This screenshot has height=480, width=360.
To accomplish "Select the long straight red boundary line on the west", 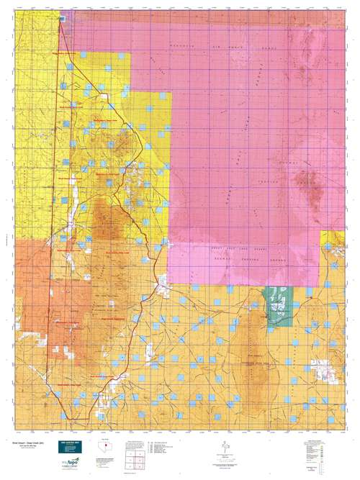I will point(55,216).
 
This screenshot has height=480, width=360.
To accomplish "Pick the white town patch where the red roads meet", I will point(163,289).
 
